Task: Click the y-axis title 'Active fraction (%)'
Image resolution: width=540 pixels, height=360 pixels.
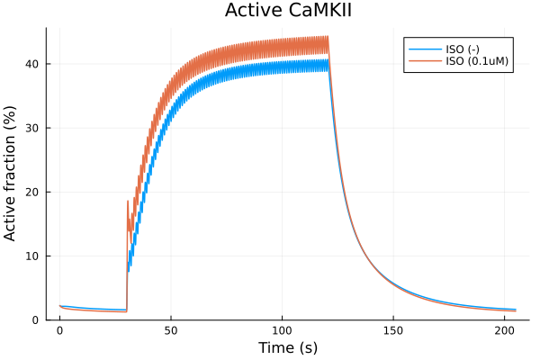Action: coord(12,174)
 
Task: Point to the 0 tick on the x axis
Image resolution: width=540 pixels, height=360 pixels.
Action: coord(59,330)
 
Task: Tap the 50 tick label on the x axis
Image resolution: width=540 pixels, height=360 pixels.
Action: coord(171,330)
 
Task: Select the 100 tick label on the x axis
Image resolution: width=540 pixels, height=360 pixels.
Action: coord(283,330)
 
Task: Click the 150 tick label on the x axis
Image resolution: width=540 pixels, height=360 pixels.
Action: coord(394,330)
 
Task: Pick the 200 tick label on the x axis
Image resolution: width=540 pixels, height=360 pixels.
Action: coord(506,330)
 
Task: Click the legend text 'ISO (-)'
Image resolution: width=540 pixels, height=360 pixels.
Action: coord(463,49)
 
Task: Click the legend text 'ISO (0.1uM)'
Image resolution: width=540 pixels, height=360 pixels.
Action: coord(477,61)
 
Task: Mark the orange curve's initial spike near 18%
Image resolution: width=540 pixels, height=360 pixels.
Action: coord(128,202)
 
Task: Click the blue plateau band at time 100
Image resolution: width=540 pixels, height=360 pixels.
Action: coord(283,67)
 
